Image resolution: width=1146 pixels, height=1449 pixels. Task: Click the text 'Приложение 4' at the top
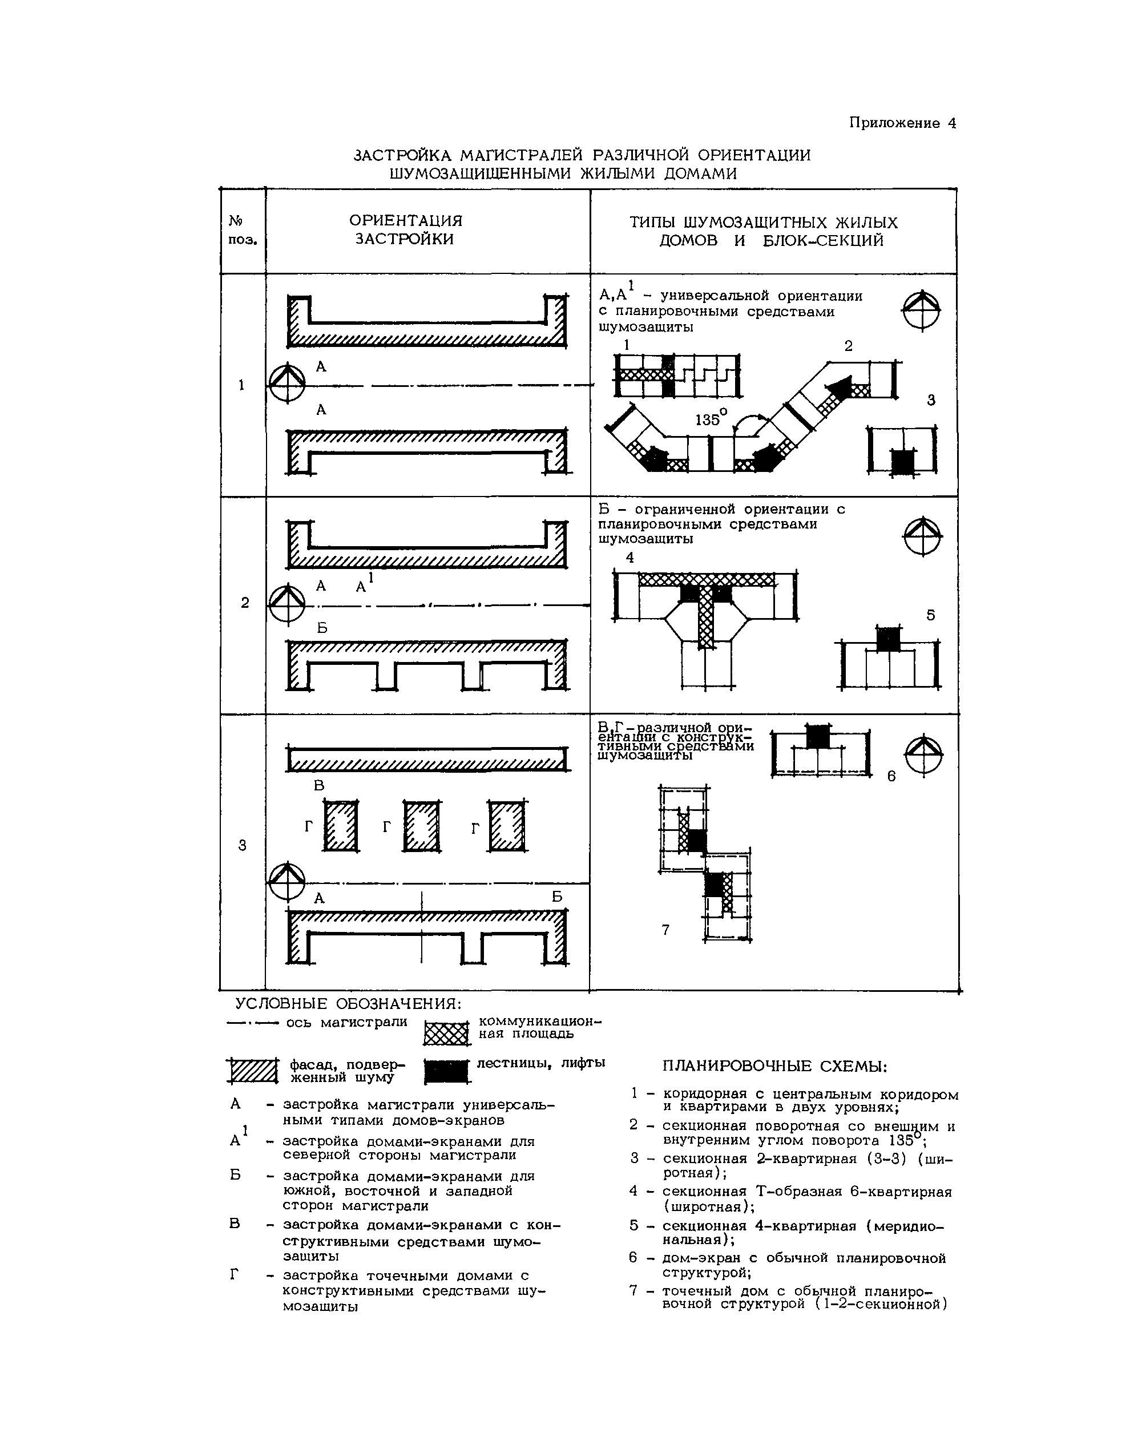tap(902, 123)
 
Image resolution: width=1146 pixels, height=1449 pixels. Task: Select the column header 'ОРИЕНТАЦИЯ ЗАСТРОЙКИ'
tap(405, 230)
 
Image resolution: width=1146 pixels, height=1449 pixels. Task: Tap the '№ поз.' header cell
tap(242, 230)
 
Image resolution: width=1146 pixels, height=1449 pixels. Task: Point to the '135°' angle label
tap(711, 419)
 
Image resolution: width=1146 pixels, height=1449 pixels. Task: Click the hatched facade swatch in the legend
tap(252, 1071)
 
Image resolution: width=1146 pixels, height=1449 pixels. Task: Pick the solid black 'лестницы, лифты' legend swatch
tap(447, 1071)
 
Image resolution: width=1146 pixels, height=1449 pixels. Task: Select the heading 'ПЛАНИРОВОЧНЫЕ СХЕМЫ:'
tap(775, 1067)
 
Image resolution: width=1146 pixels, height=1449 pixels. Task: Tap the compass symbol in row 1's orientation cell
tap(286, 384)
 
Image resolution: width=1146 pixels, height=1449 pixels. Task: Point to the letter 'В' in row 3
tap(320, 785)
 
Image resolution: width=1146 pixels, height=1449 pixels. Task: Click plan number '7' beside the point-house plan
tap(665, 930)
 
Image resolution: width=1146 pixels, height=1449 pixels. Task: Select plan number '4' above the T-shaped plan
tap(630, 558)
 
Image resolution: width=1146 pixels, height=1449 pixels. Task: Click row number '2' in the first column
tap(245, 603)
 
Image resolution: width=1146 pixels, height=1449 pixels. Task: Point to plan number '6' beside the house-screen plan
tap(891, 776)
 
